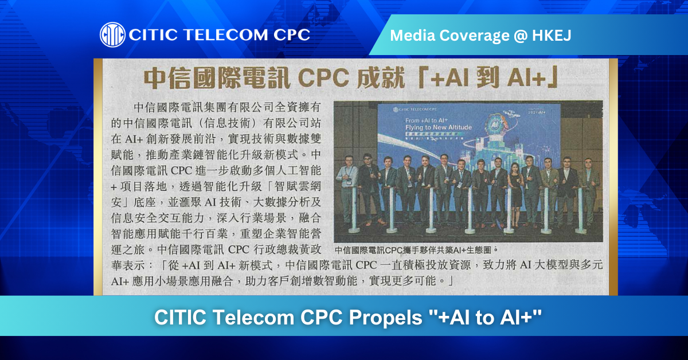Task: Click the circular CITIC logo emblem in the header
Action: tap(113, 34)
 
